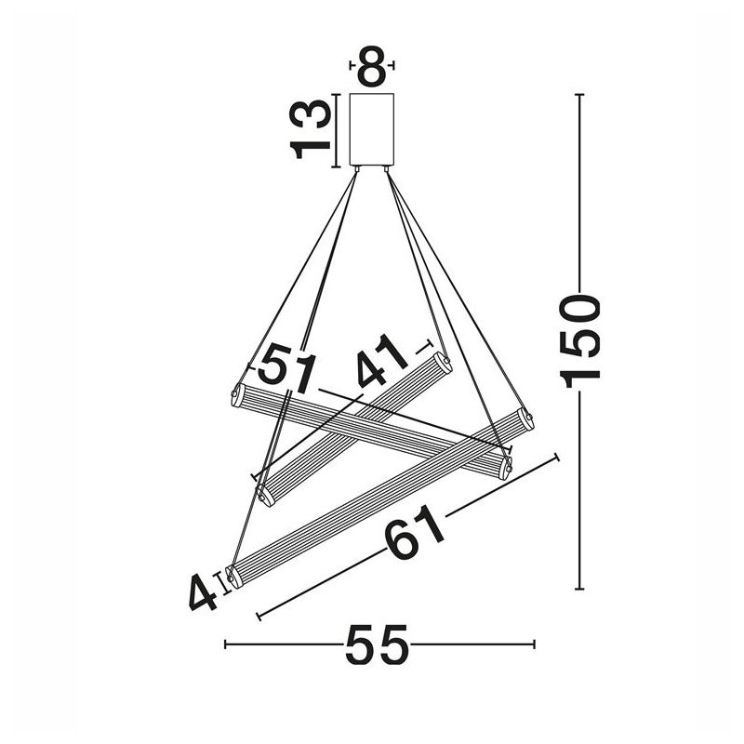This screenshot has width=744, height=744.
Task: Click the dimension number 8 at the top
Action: [372, 66]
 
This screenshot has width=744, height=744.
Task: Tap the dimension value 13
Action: [310, 129]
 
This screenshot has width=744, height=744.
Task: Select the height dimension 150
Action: [579, 340]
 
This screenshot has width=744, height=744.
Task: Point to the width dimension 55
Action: [377, 644]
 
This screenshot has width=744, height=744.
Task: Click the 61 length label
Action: [414, 532]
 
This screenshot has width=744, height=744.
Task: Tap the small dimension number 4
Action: [203, 592]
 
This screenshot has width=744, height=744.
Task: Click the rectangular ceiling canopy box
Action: [372, 129]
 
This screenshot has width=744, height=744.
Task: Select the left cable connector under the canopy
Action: [357, 168]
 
